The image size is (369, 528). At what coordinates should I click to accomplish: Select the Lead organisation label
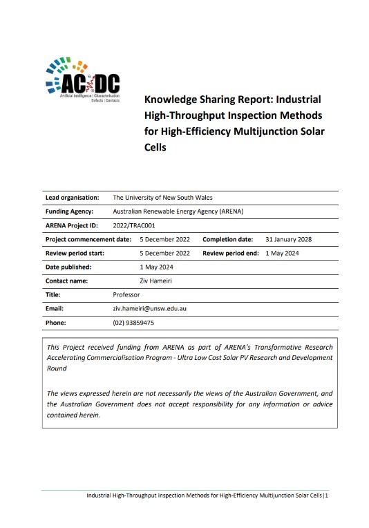point(72,197)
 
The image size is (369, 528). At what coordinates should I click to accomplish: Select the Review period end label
point(230,253)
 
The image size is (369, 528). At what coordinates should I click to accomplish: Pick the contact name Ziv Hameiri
point(129,281)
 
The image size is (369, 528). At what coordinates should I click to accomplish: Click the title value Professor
point(126,294)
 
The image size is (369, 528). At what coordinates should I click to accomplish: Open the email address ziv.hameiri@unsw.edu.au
point(150,308)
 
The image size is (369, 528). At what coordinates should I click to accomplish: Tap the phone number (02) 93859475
point(133,322)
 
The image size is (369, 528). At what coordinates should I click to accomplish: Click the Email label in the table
point(55,308)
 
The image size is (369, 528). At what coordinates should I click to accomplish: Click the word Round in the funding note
point(57,369)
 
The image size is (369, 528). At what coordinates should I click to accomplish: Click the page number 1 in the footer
point(328,496)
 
